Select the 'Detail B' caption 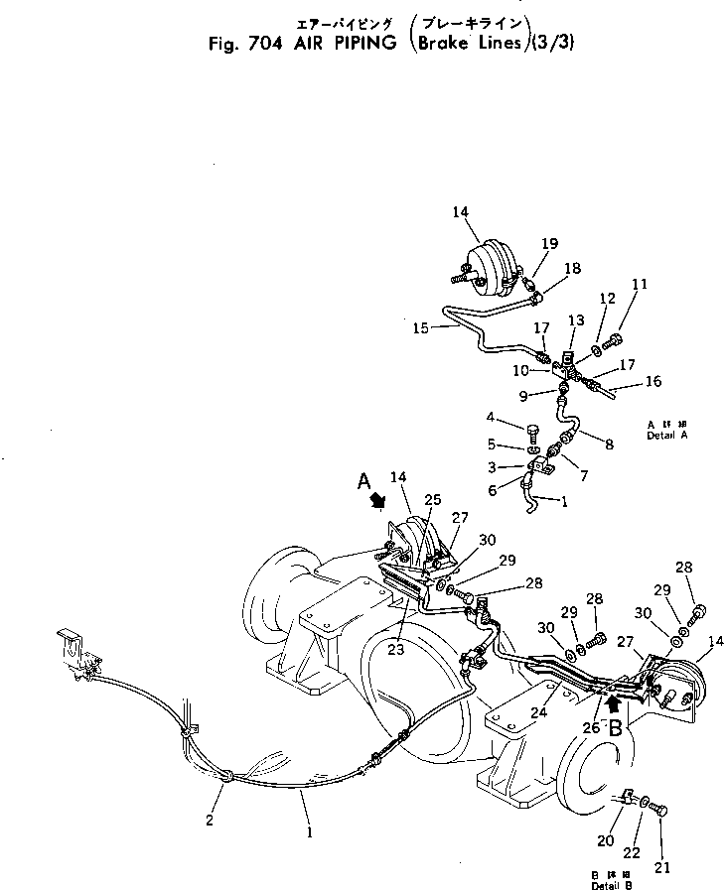coord(610,883)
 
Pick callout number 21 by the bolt coord(662,867)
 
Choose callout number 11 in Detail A coord(639,284)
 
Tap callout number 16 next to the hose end coord(652,380)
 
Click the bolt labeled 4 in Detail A coord(533,434)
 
